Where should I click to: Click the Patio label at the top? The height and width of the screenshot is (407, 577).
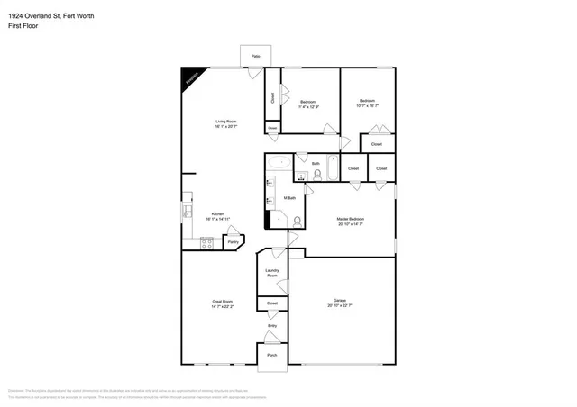pyautogui.click(x=255, y=56)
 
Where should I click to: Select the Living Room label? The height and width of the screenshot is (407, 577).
pyautogui.click(x=224, y=122)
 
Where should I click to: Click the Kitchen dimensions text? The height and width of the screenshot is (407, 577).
pyautogui.click(x=217, y=219)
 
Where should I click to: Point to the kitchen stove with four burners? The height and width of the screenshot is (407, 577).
pyautogui.click(x=206, y=241)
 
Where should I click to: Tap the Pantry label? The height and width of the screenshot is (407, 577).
pyautogui.click(x=232, y=241)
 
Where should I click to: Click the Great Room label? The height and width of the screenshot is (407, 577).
pyautogui.click(x=223, y=302)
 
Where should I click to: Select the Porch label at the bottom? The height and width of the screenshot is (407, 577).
pyautogui.click(x=271, y=355)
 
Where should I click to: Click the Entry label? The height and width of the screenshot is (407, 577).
pyautogui.click(x=271, y=326)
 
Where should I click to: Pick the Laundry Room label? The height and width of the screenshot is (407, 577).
pyautogui.click(x=271, y=273)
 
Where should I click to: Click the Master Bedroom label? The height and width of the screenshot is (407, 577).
pyautogui.click(x=350, y=219)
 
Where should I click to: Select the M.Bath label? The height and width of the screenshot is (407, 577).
pyautogui.click(x=290, y=197)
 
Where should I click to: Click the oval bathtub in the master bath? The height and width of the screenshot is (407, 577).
pyautogui.click(x=279, y=164)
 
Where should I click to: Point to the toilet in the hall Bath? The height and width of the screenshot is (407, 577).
pyautogui.click(x=316, y=174)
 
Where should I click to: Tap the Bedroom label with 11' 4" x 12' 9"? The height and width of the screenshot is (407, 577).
pyautogui.click(x=307, y=102)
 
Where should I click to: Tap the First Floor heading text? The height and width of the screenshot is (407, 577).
pyautogui.click(x=23, y=26)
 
